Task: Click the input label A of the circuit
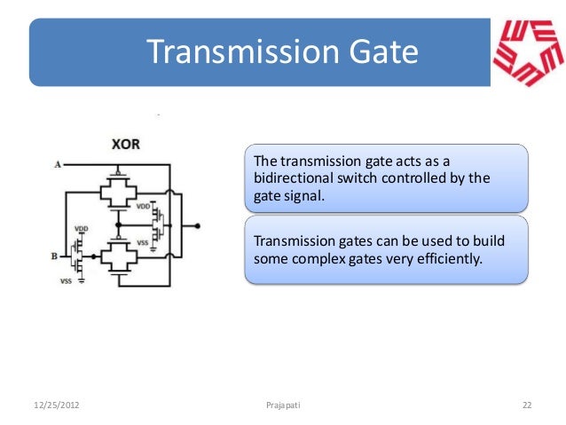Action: (58, 164)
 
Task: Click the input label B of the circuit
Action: (55, 256)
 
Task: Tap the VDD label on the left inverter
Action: (81, 227)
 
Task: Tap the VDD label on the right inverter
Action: (143, 206)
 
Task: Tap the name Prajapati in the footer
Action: (283, 405)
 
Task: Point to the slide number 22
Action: (526, 405)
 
